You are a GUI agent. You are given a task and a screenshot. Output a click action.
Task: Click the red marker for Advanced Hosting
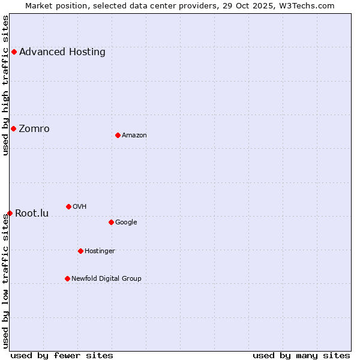14,52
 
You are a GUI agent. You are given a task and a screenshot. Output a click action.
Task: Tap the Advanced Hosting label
62,52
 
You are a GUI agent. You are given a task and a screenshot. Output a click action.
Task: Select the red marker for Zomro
13,128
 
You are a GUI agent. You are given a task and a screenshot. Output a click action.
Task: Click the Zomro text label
34,128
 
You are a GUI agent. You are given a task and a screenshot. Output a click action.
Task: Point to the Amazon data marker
118,135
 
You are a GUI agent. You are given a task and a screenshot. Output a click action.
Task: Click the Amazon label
134,135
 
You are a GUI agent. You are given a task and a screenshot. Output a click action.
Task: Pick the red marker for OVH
68,206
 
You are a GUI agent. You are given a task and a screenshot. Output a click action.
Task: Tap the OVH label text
79,206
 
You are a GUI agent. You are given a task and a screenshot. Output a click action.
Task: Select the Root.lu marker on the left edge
10,213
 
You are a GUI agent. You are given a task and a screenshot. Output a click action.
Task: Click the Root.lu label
32,213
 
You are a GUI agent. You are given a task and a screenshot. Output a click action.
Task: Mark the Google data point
111,222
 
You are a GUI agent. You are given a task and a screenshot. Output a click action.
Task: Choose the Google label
126,222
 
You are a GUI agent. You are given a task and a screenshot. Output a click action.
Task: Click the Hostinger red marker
80,251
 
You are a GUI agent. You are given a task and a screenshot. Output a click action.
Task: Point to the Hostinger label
100,251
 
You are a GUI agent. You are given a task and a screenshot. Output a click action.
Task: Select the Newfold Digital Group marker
67,278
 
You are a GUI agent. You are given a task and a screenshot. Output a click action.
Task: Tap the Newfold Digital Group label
106,278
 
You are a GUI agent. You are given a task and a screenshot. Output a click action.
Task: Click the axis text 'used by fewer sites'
62,355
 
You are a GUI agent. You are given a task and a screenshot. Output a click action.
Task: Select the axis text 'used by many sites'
301,355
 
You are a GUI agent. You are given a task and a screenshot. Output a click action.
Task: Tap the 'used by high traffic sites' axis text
5,85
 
